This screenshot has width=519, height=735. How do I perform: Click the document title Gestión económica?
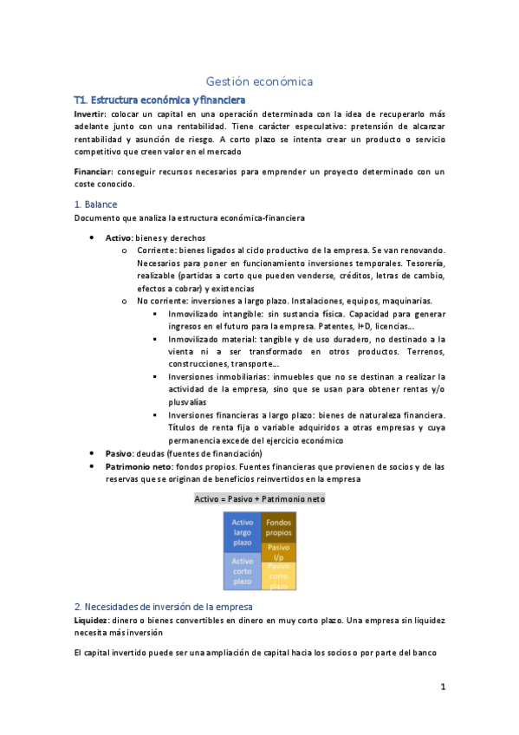click(259, 81)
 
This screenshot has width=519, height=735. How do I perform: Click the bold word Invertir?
click(89, 114)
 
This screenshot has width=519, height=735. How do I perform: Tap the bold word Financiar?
click(93, 171)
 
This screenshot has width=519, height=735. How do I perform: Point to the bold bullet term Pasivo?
click(120, 453)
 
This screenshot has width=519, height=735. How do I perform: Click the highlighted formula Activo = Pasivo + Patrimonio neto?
click(259, 499)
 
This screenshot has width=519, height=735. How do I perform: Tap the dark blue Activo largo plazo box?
click(243, 532)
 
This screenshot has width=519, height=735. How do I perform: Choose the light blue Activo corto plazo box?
click(243, 571)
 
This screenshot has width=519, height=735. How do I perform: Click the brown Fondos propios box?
click(279, 528)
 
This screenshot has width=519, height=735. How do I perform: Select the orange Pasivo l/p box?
click(279, 552)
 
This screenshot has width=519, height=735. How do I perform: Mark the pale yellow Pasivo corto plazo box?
click(279, 576)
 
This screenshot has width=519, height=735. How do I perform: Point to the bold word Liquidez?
click(91, 621)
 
